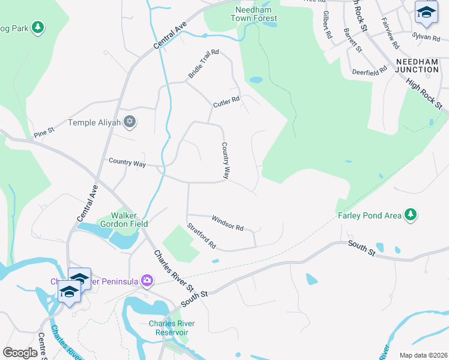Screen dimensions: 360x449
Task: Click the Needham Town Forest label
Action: tap(254, 13)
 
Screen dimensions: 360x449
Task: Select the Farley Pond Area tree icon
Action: tap(411, 214)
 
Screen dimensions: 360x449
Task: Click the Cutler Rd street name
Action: tap(226, 103)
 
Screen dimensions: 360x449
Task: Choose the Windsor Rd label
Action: tap(228, 224)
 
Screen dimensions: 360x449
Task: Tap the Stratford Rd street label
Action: tap(201, 236)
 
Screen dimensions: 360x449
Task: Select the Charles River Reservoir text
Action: tap(169, 328)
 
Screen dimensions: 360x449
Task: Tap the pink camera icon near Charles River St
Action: tap(146, 280)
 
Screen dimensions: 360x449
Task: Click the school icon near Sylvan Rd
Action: tap(426, 12)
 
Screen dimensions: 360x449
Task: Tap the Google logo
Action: tap(20, 353)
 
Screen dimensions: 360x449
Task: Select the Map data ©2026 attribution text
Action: tap(423, 355)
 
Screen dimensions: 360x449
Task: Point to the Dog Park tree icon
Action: tap(37, 27)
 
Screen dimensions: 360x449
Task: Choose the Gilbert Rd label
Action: tap(327, 25)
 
